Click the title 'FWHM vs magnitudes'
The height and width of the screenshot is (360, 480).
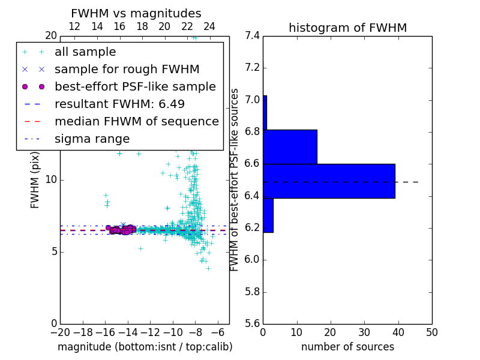136,13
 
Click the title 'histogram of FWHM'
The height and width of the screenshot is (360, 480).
347,28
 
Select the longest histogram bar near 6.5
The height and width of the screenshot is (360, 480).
329,181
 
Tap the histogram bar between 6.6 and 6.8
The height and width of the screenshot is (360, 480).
290,146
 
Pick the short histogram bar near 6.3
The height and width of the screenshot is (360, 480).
268,215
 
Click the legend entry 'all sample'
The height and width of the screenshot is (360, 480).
85,52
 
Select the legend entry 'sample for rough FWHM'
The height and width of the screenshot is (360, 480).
127,70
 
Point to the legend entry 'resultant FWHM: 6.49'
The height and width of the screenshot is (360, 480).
119,104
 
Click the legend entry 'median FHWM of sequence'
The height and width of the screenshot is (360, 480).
136,122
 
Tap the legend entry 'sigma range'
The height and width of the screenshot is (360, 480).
92,139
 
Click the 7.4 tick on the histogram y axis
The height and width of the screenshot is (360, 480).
252,36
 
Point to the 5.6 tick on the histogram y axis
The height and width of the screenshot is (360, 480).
252,323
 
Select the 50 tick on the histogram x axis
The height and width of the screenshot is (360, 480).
432,332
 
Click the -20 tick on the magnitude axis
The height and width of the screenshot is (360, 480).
60,332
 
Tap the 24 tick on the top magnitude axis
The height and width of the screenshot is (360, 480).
209,27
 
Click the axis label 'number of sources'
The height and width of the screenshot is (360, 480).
347,347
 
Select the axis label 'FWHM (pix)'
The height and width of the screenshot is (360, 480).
35,180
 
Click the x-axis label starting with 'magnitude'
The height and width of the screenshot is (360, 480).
145,347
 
